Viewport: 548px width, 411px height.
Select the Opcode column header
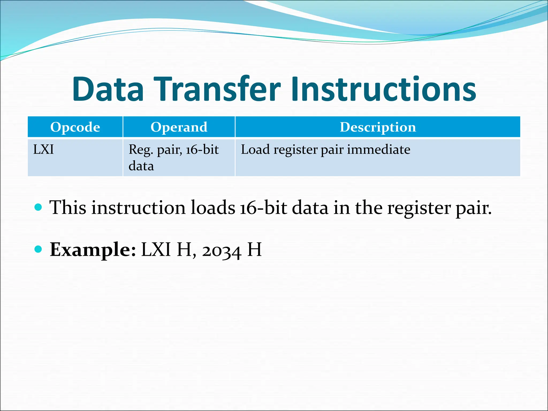75,127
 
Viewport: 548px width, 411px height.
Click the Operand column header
179,127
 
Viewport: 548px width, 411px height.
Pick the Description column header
378,127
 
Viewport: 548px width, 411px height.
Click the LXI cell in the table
43,149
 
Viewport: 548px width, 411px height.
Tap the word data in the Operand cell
141,166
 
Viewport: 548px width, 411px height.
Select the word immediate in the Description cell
378,149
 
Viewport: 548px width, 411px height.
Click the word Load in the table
255,149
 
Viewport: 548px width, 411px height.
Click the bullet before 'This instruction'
39,207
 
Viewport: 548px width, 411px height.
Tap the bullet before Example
39,249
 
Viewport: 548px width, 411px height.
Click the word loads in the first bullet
213,208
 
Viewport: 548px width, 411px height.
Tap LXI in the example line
156,249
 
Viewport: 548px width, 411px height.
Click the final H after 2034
254,249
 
